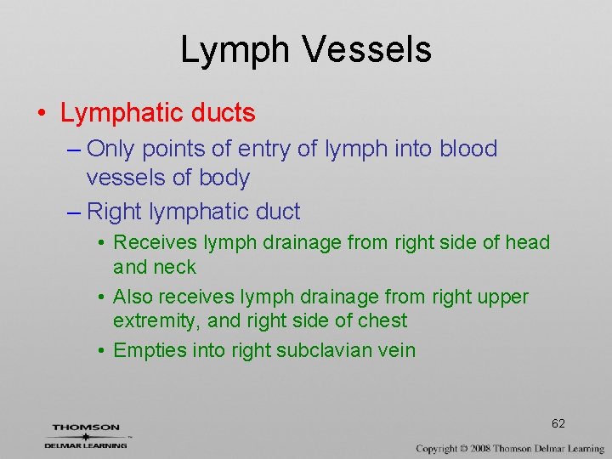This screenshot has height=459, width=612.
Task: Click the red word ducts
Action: pos(224,112)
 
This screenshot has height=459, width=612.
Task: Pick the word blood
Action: pos(468,149)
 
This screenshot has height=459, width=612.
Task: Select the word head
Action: pos(528,242)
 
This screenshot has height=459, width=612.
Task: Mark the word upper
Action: pos(503,297)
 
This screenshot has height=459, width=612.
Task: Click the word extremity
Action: pos(154,320)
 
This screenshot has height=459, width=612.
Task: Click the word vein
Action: pos(396,349)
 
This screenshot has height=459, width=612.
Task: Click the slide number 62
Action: pos(558,423)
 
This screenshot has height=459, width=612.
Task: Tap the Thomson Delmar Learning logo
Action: pos(86,435)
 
